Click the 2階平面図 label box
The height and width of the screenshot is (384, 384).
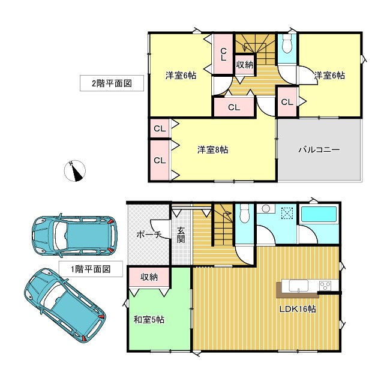point(112,83)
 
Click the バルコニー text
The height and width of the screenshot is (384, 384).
point(319,149)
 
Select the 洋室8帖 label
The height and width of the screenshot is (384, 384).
point(212,149)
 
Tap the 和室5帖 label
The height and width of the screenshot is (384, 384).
point(149,320)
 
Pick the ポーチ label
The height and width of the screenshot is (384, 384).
point(148,235)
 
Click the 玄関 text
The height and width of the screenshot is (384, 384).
point(181,235)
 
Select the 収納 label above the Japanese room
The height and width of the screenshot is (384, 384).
point(149,277)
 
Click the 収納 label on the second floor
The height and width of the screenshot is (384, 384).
point(244,64)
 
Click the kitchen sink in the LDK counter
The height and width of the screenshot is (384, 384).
point(298,286)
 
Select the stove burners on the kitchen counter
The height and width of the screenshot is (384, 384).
point(325,285)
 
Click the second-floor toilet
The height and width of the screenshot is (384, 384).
point(287,45)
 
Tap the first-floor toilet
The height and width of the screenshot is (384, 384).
point(244,215)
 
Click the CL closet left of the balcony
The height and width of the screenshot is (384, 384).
point(287,102)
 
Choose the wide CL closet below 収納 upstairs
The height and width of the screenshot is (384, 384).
point(233,108)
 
